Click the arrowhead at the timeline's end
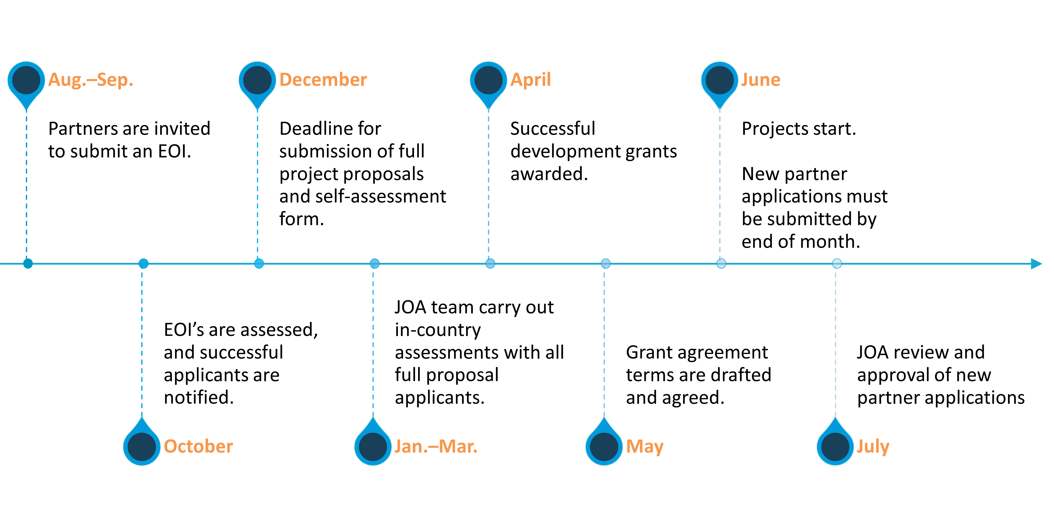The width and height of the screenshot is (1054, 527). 1036,264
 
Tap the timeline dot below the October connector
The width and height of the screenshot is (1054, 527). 143,263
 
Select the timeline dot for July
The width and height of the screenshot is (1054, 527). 837,263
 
